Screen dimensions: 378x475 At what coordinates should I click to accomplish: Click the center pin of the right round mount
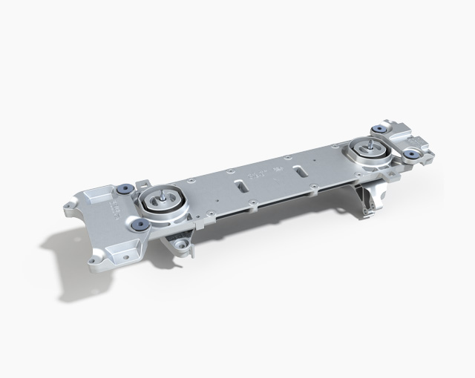[367, 144]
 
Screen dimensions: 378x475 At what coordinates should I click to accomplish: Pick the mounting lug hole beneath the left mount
[178, 244]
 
